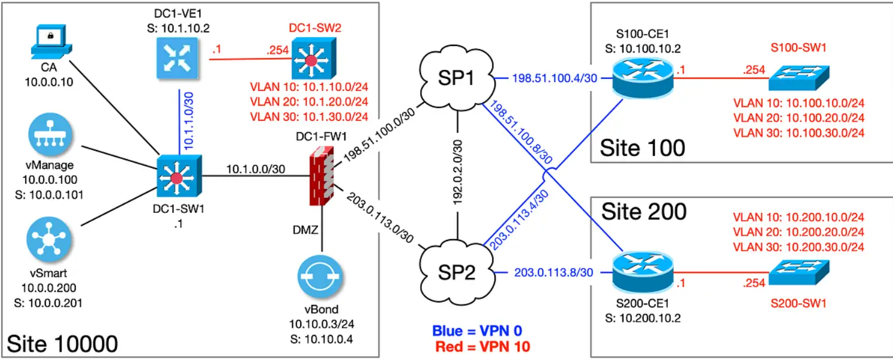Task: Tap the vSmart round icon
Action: (x=50, y=237)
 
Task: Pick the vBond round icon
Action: (x=322, y=278)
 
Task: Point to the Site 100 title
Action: (x=642, y=147)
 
